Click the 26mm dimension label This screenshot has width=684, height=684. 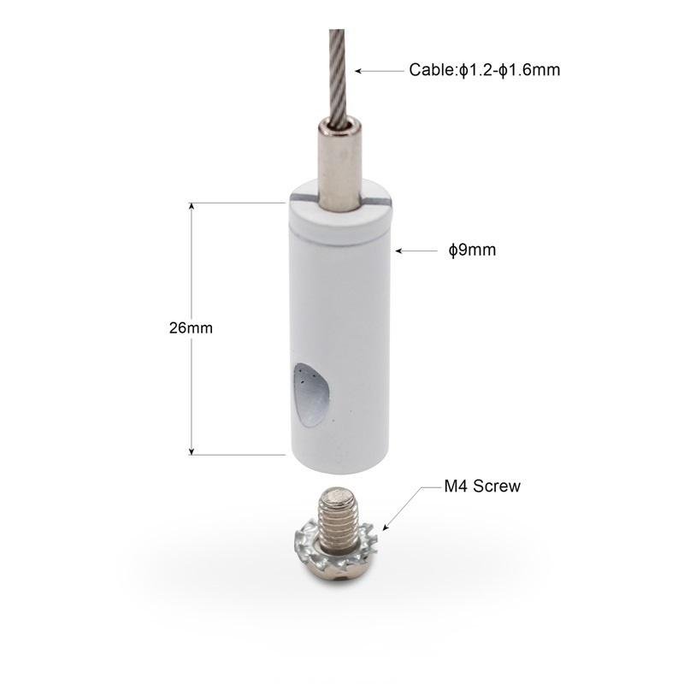(x=191, y=327)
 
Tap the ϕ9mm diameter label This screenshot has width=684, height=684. (x=473, y=250)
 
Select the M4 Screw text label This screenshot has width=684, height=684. (x=482, y=486)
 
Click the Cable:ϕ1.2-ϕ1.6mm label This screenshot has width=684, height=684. (x=484, y=70)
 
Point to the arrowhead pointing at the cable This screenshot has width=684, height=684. (x=357, y=71)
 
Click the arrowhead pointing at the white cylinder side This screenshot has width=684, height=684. (x=398, y=251)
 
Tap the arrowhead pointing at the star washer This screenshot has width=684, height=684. (x=386, y=527)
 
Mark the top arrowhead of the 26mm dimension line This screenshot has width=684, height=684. (x=191, y=206)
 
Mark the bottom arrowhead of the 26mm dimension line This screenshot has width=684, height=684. (x=191, y=451)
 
